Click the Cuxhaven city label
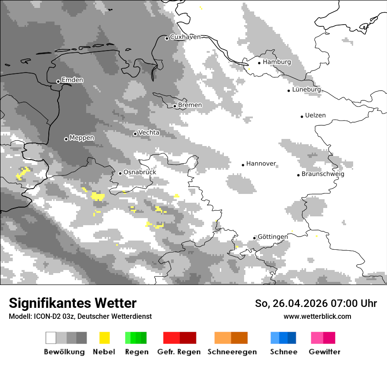pos(185,37)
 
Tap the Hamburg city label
pos(277,62)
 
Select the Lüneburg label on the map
pos(306,89)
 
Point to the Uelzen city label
pos(315,115)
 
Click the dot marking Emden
pos(58,81)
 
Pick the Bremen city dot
pos(175,106)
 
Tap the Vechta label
pos(149,132)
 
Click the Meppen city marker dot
pos(66,139)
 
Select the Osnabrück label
pos(139,172)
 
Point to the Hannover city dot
pos(243,165)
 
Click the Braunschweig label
pos(323,174)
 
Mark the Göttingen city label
pos(273,237)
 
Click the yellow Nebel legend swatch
pos(104,338)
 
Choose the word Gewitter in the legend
pos(325,352)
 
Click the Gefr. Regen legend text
pos(179,352)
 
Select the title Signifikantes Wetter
pos(73,303)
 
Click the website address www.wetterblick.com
pos(317,316)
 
